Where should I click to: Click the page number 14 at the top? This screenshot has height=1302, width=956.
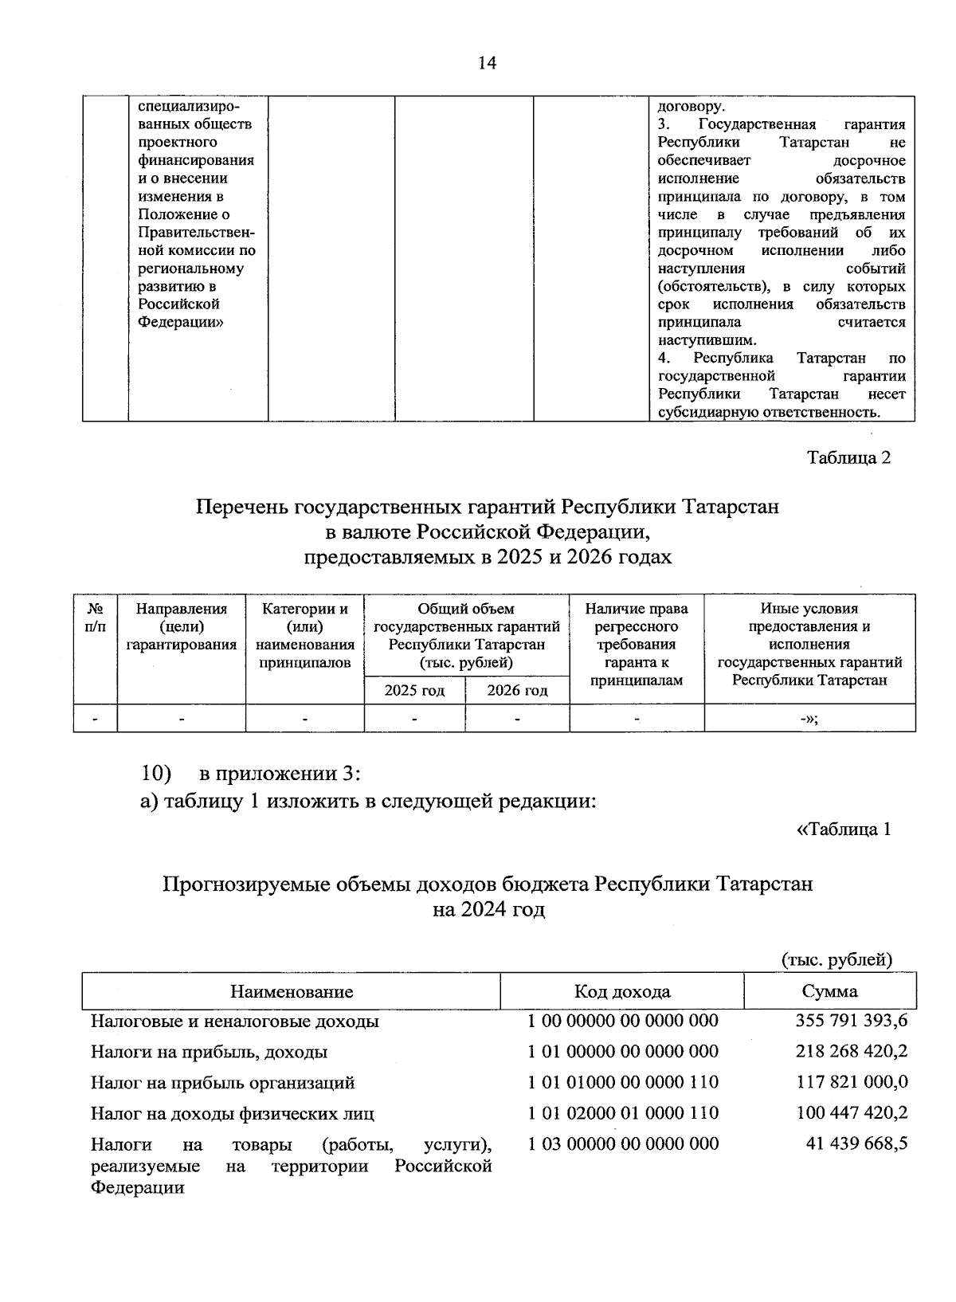click(487, 64)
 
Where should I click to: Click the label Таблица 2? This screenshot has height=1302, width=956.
click(848, 457)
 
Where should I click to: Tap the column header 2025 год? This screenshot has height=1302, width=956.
click(414, 690)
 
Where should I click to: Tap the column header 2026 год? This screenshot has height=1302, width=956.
click(517, 690)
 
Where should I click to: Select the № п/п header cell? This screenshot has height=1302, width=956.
click(95, 618)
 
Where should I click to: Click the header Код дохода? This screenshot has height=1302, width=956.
click(622, 991)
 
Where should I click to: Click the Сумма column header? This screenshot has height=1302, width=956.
click(829, 991)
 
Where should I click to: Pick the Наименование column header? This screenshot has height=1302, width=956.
click(292, 991)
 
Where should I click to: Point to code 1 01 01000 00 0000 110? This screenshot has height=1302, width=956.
click(622, 1082)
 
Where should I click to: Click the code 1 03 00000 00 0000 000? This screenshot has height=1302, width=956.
click(622, 1143)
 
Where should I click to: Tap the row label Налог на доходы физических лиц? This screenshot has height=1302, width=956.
click(232, 1113)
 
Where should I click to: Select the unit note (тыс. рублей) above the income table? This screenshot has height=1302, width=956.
click(836, 959)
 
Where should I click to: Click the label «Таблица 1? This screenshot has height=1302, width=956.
click(843, 829)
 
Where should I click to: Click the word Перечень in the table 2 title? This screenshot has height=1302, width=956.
click(243, 507)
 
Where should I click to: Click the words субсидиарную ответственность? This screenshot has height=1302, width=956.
click(769, 412)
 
